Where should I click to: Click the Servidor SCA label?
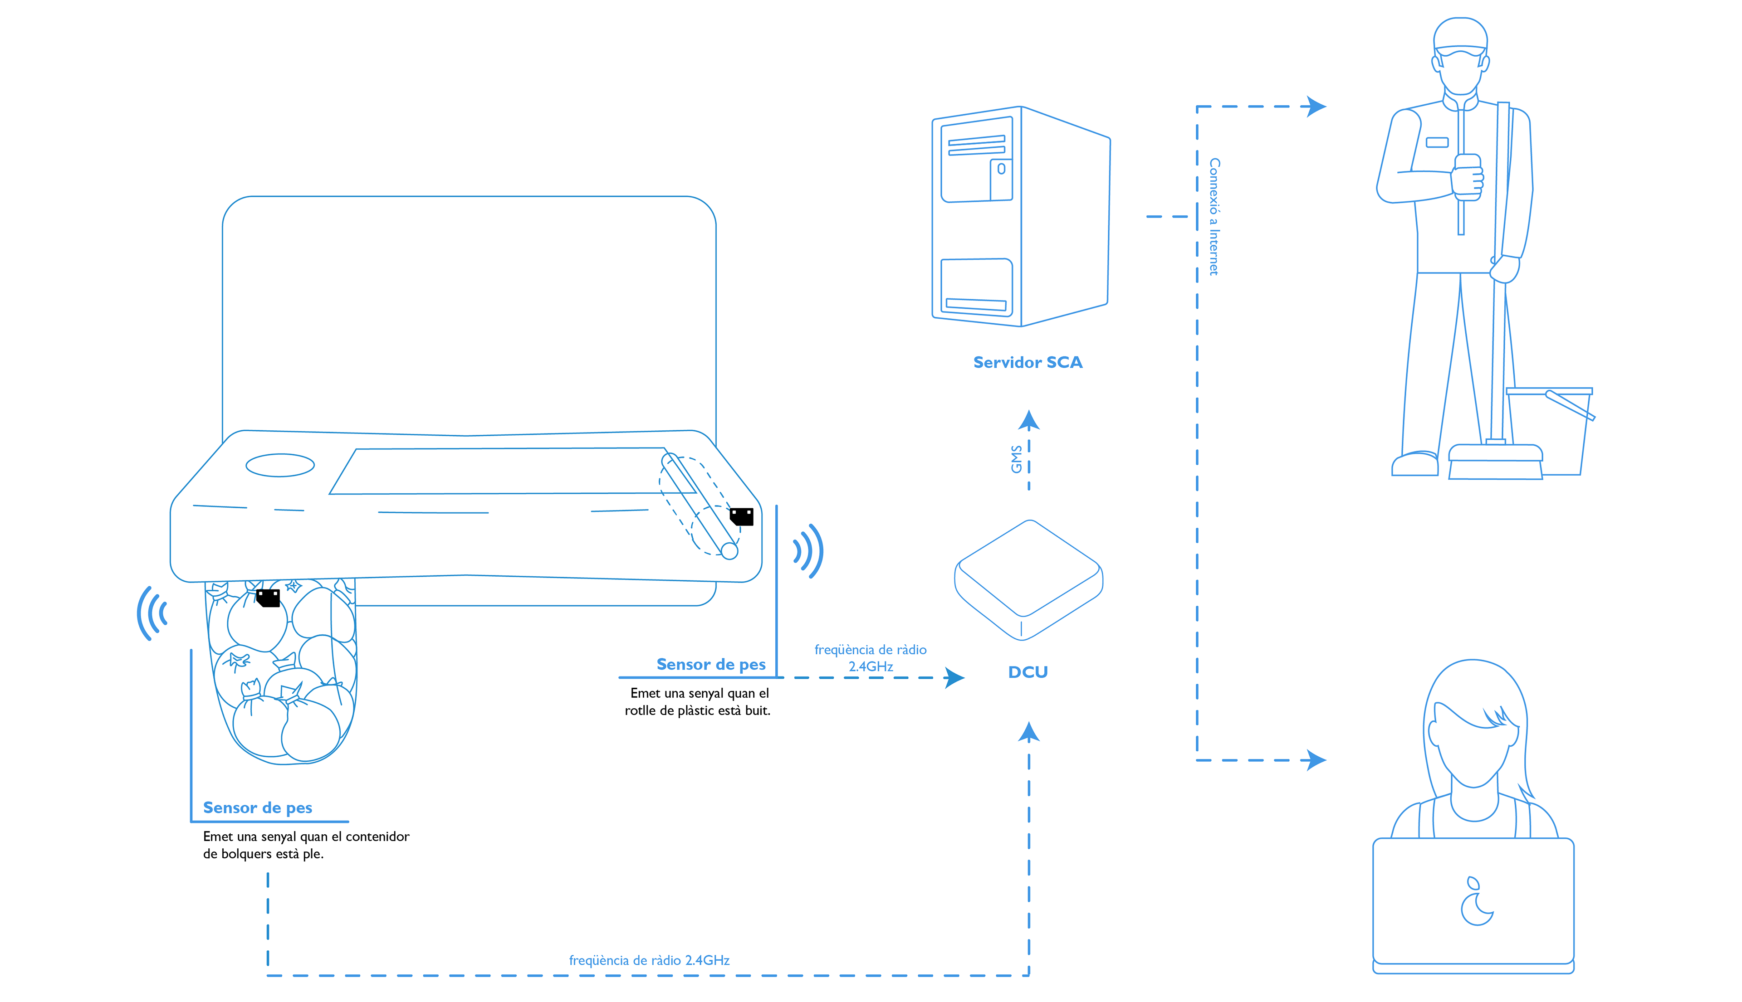pyautogui.click(x=1028, y=363)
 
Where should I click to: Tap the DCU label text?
pyautogui.click(x=1028, y=672)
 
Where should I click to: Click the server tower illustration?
pyautogui.click(x=1021, y=216)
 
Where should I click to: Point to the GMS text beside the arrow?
pyautogui.click(x=1016, y=459)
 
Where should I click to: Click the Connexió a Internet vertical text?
pyautogui.click(x=1214, y=217)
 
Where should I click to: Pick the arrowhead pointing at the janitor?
pyautogui.click(x=1316, y=107)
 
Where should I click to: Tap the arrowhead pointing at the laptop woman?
pyautogui.click(x=1316, y=760)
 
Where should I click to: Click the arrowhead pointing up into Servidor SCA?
pyautogui.click(x=1029, y=420)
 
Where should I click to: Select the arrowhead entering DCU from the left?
pyautogui.click(x=954, y=678)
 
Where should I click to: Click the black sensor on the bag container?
pyautogui.click(x=268, y=598)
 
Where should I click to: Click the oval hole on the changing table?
pyautogui.click(x=280, y=465)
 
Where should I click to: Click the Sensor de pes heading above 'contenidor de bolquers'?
pyautogui.click(x=258, y=808)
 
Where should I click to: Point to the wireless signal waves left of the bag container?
pyautogui.click(x=152, y=613)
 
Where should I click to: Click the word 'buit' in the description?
pyautogui.click(x=758, y=710)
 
